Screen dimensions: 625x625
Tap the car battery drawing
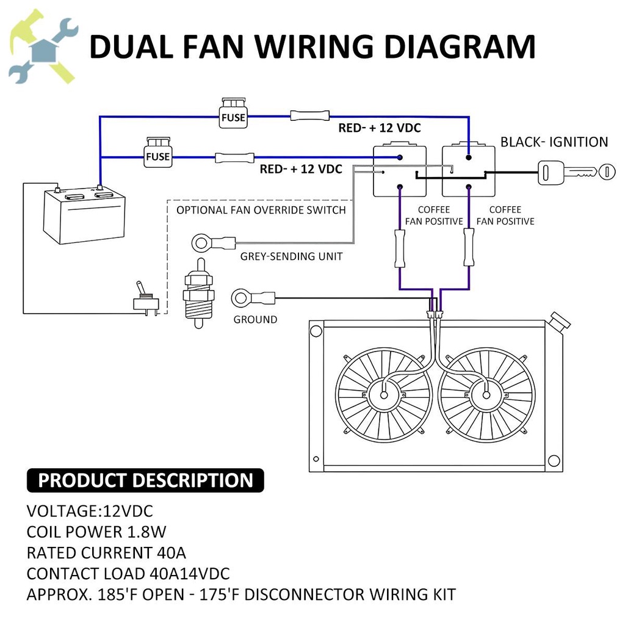84,215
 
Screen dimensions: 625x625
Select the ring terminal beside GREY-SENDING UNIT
203,243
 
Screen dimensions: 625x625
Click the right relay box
468,170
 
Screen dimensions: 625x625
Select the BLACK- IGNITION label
554,142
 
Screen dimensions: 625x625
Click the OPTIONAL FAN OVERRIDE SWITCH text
261,210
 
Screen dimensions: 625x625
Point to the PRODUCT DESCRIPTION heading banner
145,480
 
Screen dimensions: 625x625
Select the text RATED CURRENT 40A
106,553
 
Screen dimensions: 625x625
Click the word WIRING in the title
314,47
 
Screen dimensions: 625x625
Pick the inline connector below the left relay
400,248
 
